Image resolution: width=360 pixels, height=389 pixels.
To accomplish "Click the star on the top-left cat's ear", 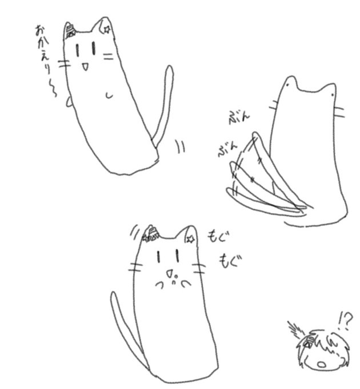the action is tap(107, 30).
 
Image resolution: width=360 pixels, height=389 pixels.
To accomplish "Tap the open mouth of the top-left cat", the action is tap(85, 66).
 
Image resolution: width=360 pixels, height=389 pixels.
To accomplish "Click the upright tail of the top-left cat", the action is tap(163, 106).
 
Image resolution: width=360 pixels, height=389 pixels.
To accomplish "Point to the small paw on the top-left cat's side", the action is tap(69, 102).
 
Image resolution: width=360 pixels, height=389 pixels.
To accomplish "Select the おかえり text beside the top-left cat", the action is tap(43, 50).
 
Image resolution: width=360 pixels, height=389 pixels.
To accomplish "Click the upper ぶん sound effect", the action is tap(239, 118).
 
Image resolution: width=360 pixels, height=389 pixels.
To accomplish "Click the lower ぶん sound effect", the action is tap(227, 149).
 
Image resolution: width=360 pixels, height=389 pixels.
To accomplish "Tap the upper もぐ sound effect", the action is tap(218, 237).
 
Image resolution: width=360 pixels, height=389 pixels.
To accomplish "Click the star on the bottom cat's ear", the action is tap(190, 239).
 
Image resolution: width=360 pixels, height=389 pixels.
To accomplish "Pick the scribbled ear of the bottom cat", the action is tap(151, 234).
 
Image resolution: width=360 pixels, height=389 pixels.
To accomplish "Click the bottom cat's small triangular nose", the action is tap(169, 273).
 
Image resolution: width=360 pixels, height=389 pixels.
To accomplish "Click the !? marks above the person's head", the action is tap(345, 320).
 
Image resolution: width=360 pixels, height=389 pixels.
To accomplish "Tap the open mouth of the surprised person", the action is tap(322, 364).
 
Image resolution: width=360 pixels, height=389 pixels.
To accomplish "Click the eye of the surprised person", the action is tap(309, 344).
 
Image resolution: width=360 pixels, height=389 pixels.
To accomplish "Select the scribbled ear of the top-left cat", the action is tap(70, 31).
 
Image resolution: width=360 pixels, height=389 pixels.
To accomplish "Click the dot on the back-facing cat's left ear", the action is tap(287, 85).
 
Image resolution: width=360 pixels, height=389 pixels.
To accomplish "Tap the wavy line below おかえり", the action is tap(53, 88).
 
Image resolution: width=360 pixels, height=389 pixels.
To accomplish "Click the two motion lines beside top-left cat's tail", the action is tap(181, 146).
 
